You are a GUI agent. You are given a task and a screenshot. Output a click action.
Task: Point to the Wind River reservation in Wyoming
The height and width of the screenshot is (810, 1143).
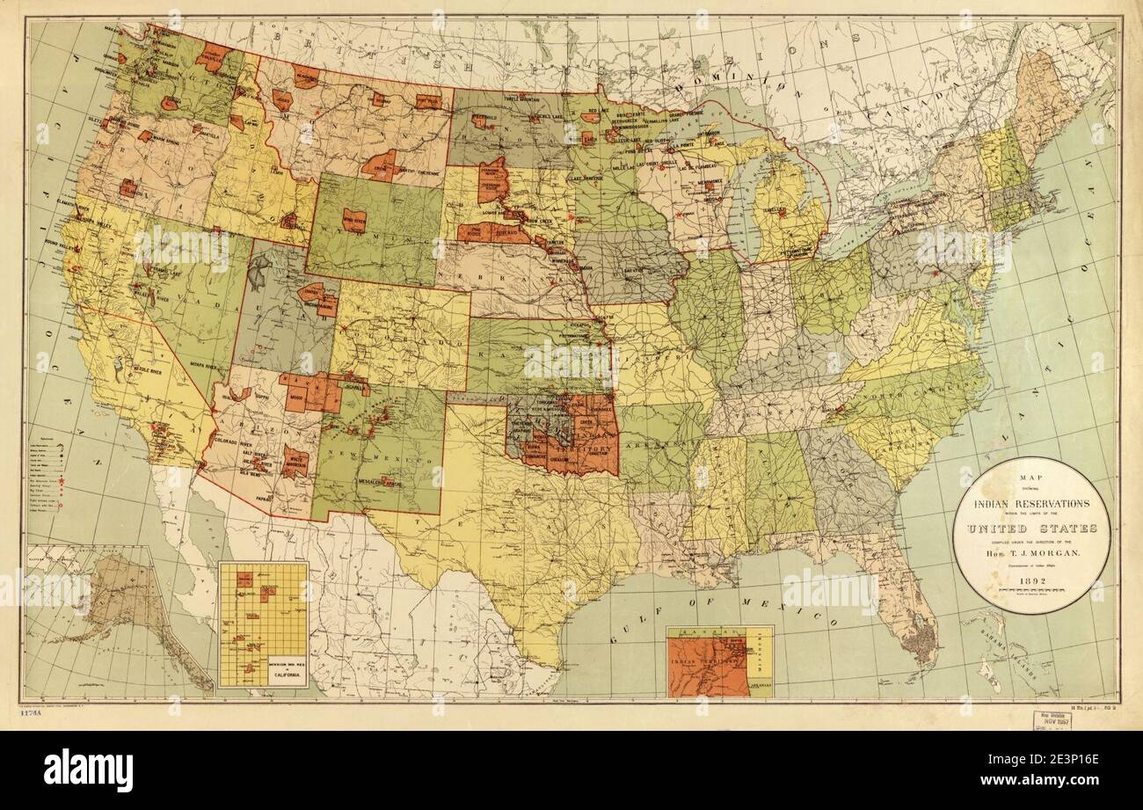353,220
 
